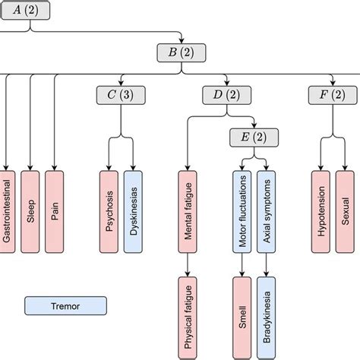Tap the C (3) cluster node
pos(122,95)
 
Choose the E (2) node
pos(254,137)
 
